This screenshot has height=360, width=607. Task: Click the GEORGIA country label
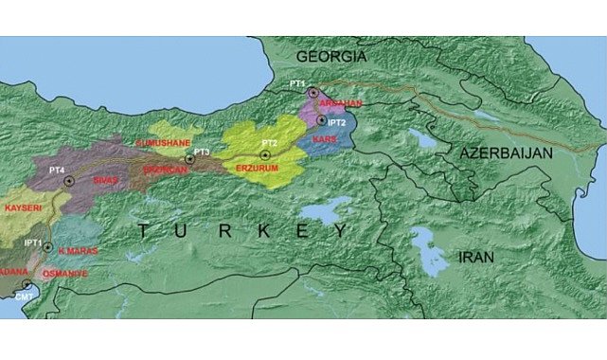[330, 57]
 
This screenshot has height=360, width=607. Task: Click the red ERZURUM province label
[257, 171]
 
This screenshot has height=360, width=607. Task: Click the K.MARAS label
[78, 250]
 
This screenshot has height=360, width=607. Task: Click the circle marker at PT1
[312, 92]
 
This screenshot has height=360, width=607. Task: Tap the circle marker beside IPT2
[322, 120]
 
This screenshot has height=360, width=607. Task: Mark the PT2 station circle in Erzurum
[265, 154]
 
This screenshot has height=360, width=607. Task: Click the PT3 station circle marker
[189, 159]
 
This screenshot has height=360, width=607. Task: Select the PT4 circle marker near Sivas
[67, 180]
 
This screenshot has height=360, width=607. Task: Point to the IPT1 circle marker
[46, 246]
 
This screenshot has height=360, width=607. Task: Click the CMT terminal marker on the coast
[27, 283]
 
